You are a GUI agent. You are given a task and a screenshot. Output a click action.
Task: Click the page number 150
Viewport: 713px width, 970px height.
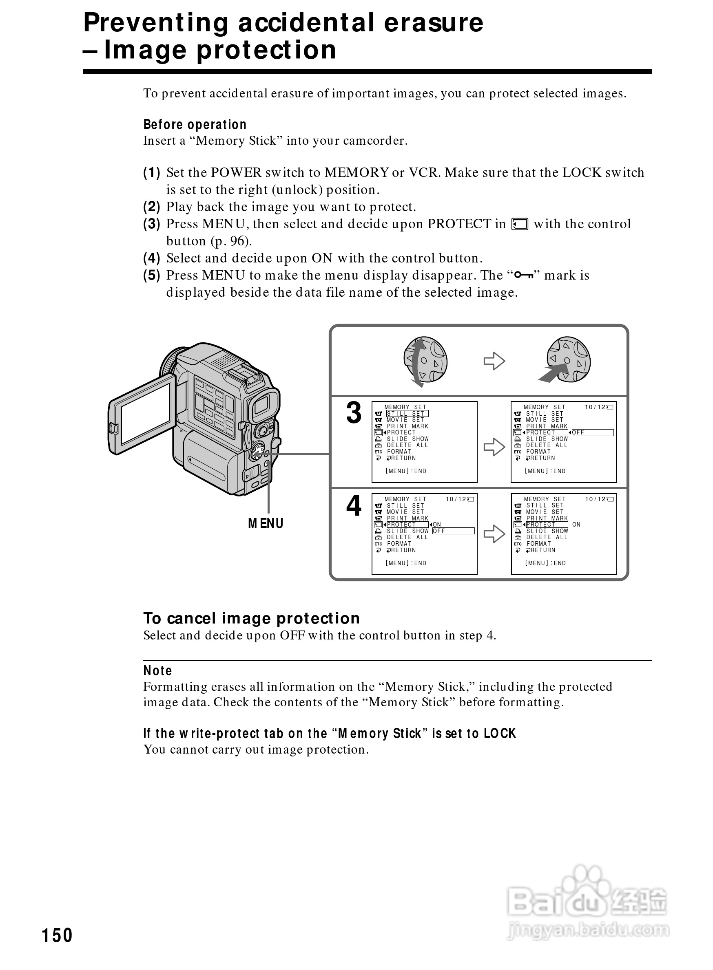(x=57, y=935)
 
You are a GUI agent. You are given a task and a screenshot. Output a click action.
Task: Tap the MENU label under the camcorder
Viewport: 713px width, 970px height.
(x=266, y=523)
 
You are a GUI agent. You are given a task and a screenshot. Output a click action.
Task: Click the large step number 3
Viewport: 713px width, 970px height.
(x=354, y=413)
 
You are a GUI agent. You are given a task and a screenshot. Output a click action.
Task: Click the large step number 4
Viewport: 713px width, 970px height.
(x=354, y=505)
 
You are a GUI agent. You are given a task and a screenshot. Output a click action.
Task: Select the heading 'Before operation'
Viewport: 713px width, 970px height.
(x=195, y=125)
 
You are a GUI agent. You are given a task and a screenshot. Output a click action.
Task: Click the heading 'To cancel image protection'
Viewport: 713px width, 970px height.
(x=251, y=618)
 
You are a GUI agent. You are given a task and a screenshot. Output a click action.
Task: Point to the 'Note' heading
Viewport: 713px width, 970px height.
(x=157, y=671)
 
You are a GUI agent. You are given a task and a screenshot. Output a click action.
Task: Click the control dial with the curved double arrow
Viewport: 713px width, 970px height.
(x=425, y=361)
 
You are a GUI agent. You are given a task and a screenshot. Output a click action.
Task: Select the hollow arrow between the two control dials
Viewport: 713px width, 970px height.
(x=494, y=361)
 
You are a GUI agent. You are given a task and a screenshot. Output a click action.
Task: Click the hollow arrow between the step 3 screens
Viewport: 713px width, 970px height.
(x=494, y=447)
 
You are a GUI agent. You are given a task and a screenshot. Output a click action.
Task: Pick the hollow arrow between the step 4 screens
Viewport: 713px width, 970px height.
(x=494, y=534)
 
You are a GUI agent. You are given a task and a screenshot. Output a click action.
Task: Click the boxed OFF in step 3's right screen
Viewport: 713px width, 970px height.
(x=592, y=432)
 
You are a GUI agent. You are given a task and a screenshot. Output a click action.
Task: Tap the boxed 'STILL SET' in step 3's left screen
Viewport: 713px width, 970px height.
(x=407, y=414)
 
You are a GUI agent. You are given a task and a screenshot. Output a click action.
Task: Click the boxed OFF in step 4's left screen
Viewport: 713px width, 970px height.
(x=453, y=531)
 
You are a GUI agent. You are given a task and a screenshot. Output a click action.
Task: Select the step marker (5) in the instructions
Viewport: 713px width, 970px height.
(x=151, y=275)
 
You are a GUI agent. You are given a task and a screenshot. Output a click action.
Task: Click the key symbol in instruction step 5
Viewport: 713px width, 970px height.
(x=525, y=275)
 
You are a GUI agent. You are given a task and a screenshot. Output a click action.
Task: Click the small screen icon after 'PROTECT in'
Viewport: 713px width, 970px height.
(x=520, y=224)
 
